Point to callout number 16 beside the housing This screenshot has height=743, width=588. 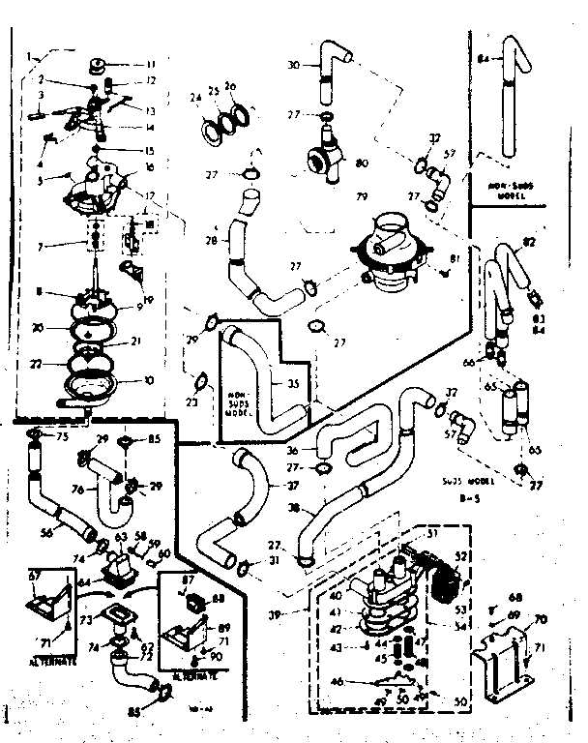[x=150, y=167]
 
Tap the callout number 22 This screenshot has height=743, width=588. [x=38, y=363]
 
